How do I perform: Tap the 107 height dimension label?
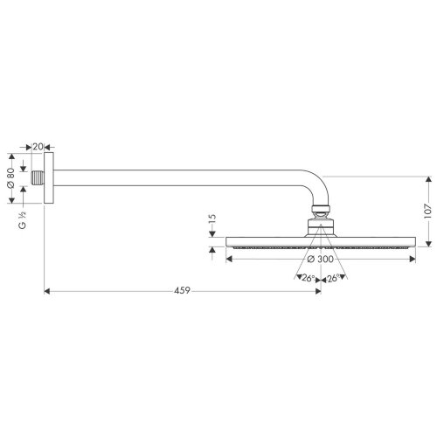point(429,209)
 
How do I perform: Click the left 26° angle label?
point(307,279)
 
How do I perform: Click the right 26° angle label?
point(333,279)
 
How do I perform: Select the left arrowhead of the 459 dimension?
point(47,290)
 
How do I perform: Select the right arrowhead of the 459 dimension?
point(317,290)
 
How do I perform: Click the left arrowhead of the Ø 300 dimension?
point(229,258)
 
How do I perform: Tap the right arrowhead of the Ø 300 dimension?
point(413,258)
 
